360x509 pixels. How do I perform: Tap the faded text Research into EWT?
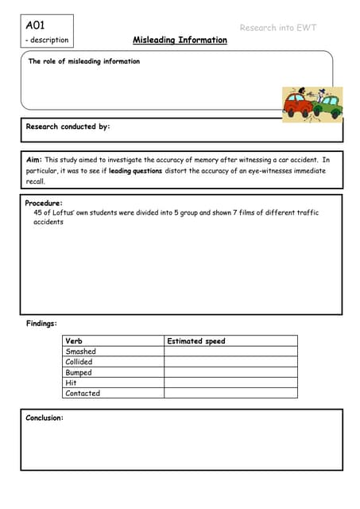pos(278,28)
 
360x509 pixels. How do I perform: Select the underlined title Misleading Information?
pos(179,40)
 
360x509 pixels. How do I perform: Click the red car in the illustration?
pos(298,104)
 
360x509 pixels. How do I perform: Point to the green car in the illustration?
pos(329,103)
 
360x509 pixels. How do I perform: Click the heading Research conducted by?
pos(68,126)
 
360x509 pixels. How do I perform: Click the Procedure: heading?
pos(43,204)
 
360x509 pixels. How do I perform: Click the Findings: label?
pos(42,324)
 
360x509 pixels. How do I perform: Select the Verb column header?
pos(73,341)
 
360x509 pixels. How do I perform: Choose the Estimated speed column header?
pos(196,341)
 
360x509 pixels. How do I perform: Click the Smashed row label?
pos(80,352)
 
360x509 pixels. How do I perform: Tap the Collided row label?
pos(79,362)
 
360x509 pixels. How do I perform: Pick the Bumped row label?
pos(78,372)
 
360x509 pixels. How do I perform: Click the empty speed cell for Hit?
pos(230,383)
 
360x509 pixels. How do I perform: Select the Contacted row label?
pos(83,393)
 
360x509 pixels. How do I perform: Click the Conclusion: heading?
pos(45,418)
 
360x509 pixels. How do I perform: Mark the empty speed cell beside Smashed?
pos(230,352)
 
